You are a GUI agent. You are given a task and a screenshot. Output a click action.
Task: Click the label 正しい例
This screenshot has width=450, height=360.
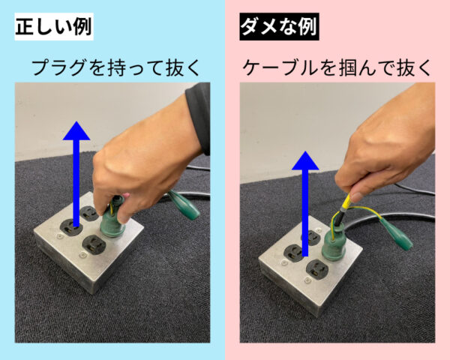click(54, 26)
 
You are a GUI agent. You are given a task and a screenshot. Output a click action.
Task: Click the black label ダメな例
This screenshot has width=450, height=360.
click(279, 26)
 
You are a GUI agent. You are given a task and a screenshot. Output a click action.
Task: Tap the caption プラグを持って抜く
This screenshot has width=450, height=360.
click(115, 67)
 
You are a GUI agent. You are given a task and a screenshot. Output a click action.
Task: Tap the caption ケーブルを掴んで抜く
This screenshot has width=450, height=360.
click(337, 67)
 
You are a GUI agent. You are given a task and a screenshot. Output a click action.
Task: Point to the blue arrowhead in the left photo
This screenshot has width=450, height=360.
click(76, 131)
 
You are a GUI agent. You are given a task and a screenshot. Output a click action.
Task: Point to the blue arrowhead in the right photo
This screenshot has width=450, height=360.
click(305, 160)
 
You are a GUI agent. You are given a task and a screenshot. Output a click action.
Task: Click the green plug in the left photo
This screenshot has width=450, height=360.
click(112, 220)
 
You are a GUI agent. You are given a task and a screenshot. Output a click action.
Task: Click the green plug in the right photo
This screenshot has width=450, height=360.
click(334, 244)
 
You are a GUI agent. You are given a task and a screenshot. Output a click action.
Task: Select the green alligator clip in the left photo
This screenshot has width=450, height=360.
click(184, 205)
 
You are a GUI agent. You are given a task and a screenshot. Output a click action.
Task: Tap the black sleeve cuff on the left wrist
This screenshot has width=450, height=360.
click(199, 117)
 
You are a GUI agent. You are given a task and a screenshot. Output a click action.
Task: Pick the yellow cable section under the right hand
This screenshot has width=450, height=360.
click(346, 202)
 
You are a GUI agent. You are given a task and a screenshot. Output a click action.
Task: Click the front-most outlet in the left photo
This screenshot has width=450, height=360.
click(94, 245)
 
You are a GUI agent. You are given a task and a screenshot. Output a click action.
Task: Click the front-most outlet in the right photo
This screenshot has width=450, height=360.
click(317, 269)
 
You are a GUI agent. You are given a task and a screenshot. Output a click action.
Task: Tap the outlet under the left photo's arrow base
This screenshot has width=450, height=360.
click(71, 227)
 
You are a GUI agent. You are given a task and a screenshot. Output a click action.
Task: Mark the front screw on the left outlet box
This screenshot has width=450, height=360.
click(82, 255)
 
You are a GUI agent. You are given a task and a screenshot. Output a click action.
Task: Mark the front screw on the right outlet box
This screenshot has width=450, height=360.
click(307, 279)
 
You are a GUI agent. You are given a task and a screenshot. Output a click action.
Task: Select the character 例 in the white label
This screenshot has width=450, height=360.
click(82, 26)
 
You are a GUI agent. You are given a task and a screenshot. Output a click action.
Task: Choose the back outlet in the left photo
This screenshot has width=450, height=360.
click(89, 213)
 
